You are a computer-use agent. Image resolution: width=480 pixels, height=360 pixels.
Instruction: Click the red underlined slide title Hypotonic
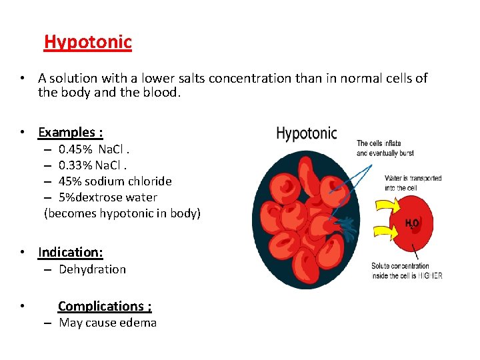(x=88, y=42)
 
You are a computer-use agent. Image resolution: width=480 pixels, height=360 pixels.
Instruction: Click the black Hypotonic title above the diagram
(x=307, y=133)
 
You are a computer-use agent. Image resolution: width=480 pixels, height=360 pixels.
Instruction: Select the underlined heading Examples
(x=70, y=132)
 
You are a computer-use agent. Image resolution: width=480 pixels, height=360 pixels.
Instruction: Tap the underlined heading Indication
(x=71, y=252)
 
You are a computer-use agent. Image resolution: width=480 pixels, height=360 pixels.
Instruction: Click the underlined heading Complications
(x=105, y=306)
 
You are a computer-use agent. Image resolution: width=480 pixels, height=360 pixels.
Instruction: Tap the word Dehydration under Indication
(x=92, y=269)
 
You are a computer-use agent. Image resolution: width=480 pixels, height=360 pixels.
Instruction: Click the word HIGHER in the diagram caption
(x=430, y=275)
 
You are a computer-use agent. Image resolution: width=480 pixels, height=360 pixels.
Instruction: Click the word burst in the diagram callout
(x=402, y=153)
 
